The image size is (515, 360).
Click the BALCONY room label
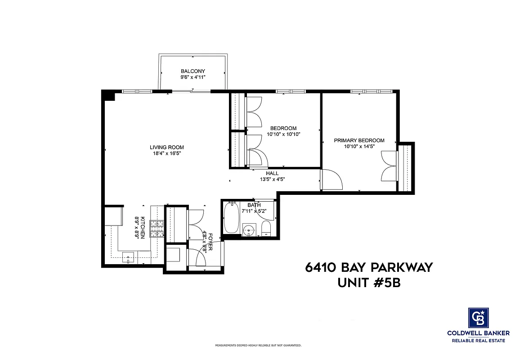[x=193, y=71]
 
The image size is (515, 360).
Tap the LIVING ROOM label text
[x=166, y=147]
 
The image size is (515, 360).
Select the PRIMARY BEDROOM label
[x=359, y=140]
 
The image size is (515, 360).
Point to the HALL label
[x=272, y=173]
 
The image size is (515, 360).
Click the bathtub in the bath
[x=231, y=218]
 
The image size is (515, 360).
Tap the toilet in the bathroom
[x=265, y=228]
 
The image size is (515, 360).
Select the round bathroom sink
[x=248, y=231]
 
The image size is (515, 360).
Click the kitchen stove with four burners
[x=157, y=229]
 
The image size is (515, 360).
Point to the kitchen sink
[x=129, y=259]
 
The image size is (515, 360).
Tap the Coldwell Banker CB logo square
[x=478, y=318]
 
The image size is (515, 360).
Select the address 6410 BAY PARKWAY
[x=368, y=267]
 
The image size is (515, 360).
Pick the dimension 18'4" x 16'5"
[x=166, y=153]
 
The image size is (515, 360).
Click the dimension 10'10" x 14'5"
[x=359, y=147]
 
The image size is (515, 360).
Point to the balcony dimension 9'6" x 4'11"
[x=193, y=77]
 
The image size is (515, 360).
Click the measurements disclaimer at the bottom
[x=258, y=346]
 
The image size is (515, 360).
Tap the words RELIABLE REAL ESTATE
[x=478, y=341]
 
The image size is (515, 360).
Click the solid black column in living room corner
[x=108, y=95]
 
